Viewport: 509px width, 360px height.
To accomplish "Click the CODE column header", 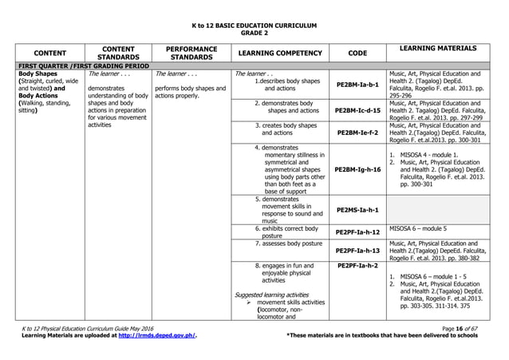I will click(357, 53).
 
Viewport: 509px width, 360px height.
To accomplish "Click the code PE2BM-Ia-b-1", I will click(358, 84).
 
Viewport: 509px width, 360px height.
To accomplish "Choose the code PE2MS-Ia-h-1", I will click(358, 210).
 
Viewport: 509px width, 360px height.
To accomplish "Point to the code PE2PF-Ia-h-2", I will click(358, 265).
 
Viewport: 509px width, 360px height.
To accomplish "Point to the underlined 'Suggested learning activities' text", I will click(273, 295).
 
